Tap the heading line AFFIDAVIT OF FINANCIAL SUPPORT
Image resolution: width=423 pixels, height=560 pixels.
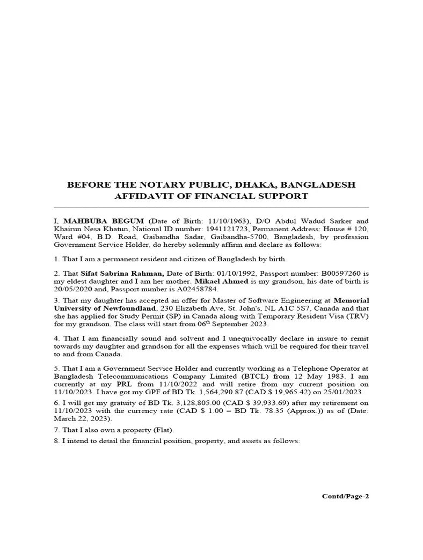click(211, 196)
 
